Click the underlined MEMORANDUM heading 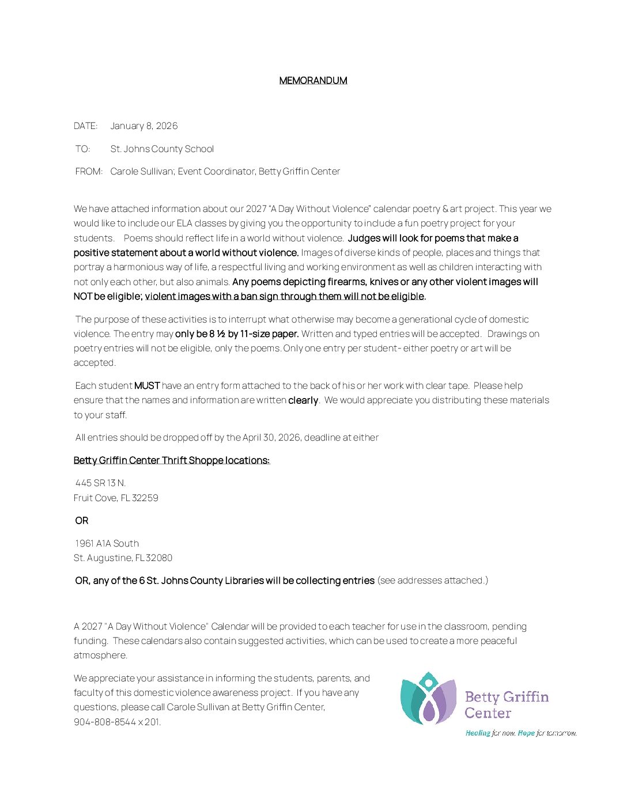[x=313, y=81]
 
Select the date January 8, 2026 [x=144, y=126]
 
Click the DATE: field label [x=85, y=126]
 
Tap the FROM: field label [x=89, y=172]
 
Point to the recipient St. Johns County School [x=162, y=149]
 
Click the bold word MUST [x=146, y=386]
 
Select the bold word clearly [x=303, y=400]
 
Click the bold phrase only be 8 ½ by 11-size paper [x=237, y=334]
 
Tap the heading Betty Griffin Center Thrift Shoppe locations [x=172, y=460]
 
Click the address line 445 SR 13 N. [x=100, y=483]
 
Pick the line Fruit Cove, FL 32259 [x=116, y=498]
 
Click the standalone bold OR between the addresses [x=82, y=521]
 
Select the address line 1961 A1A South [x=107, y=544]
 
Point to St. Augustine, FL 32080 [x=123, y=558]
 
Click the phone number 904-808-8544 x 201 [x=117, y=722]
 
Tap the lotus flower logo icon [x=428, y=698]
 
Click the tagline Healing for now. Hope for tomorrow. [x=521, y=733]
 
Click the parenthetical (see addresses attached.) [x=432, y=581]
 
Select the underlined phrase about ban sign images [x=284, y=297]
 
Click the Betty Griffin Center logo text [x=507, y=705]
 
